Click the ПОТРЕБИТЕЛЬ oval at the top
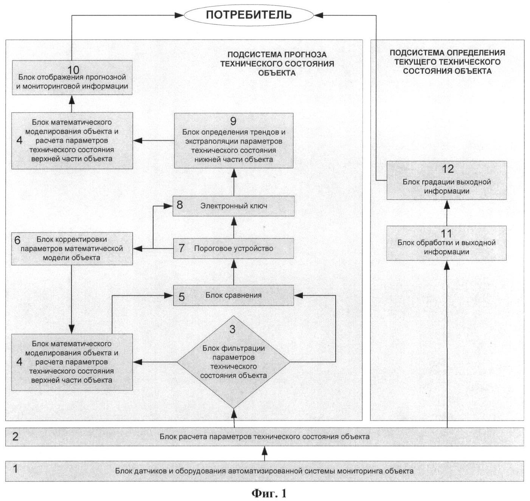click(248, 15)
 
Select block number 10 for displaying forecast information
click(72, 78)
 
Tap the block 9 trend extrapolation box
click(234, 141)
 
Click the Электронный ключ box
click(234, 206)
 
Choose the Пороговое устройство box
click(234, 248)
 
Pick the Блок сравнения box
click(234, 295)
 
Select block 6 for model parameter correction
click(72, 248)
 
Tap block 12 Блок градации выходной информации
click(446, 180)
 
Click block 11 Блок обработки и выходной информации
click(446, 243)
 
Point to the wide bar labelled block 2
click(265, 437)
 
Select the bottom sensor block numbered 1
click(265, 471)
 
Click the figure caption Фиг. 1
click(269, 493)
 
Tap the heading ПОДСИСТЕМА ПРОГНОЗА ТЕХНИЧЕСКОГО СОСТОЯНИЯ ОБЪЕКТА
click(277, 64)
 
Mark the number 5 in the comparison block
click(181, 297)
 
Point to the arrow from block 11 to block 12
click(447, 212)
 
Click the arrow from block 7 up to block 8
click(234, 227)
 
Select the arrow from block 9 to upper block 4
click(153, 141)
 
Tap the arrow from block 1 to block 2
click(265, 453)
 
